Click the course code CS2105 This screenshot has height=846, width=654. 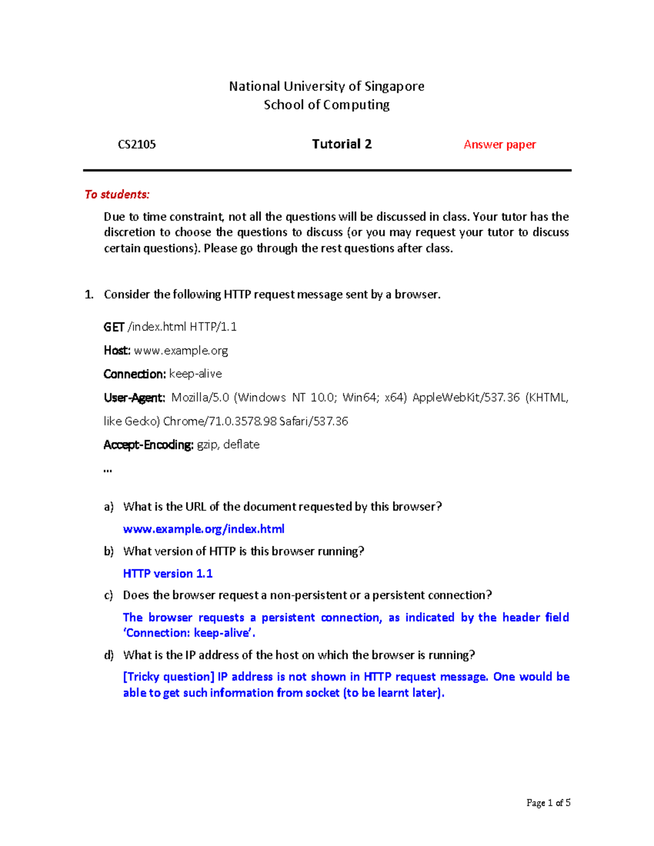(x=137, y=144)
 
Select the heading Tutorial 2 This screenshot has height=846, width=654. (x=342, y=144)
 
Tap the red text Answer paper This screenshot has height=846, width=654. (x=499, y=144)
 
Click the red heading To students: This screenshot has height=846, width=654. (x=117, y=194)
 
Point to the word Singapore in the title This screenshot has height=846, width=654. (x=394, y=86)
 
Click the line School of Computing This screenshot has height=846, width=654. (x=326, y=105)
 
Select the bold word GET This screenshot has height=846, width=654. (x=114, y=327)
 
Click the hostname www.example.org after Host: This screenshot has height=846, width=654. (x=181, y=350)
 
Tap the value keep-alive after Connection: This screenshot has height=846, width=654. (x=196, y=374)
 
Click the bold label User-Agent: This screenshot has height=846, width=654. (x=134, y=398)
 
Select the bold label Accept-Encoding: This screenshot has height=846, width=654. (x=148, y=445)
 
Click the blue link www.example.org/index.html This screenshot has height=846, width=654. (x=203, y=529)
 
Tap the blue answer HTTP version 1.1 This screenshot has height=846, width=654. (x=167, y=574)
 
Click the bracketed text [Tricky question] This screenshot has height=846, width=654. (x=169, y=677)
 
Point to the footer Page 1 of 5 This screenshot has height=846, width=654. (x=548, y=802)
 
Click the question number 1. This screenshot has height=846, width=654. (x=89, y=295)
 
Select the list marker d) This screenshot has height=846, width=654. (x=108, y=655)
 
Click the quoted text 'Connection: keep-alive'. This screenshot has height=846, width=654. (x=189, y=633)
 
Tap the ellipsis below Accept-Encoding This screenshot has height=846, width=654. (x=107, y=470)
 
